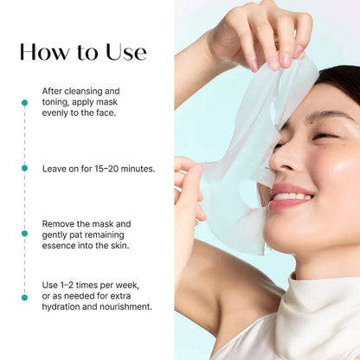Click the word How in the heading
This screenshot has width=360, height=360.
tap(46, 52)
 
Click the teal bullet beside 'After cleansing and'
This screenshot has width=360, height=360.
tap(24, 102)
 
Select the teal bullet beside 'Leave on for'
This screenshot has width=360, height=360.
tap(24, 168)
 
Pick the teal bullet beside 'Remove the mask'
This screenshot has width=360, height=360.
tap(24, 233)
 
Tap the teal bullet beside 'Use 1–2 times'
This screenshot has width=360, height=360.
tap(24, 297)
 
